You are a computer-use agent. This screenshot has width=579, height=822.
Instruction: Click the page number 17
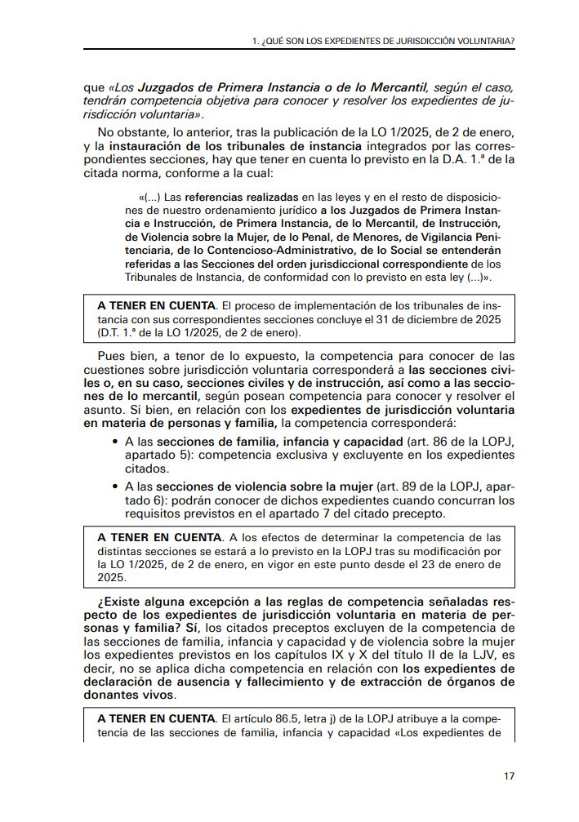click(509, 775)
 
